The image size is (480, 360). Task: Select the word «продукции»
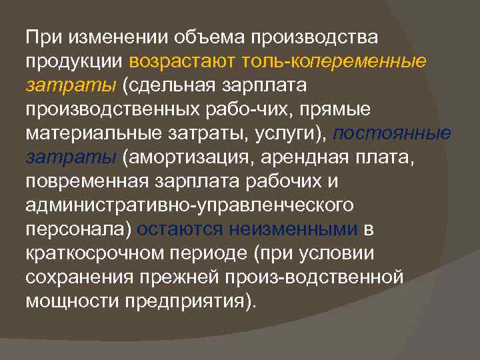point(74,61)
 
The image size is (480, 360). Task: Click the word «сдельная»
point(167,86)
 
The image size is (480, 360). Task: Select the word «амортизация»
point(184,157)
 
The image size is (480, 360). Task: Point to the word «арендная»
point(297,157)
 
